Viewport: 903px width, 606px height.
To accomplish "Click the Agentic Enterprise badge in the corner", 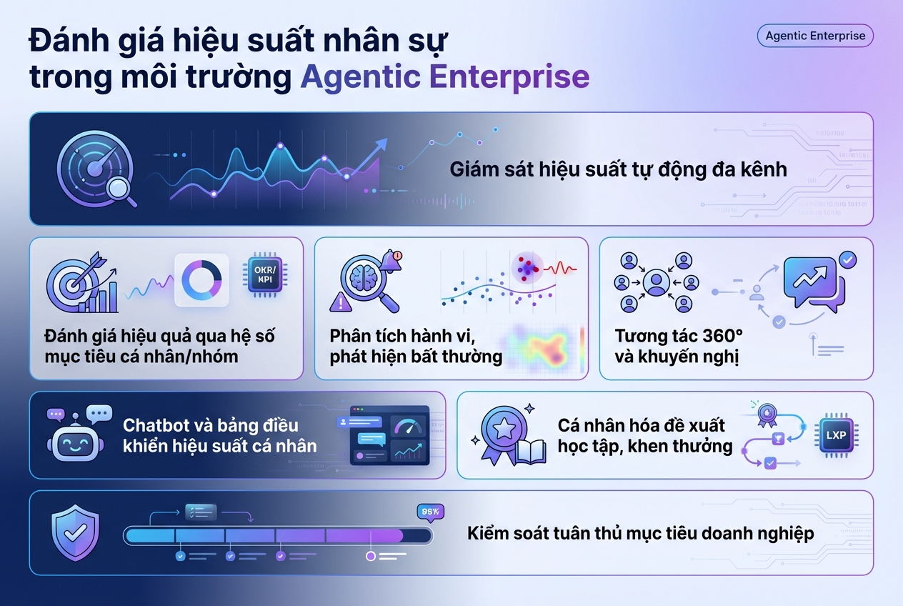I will coord(814,36).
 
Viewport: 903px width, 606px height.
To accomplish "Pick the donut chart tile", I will coord(201,280).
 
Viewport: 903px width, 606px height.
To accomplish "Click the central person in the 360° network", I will coord(656,282).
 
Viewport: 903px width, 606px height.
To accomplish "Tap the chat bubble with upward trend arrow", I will coord(811,279).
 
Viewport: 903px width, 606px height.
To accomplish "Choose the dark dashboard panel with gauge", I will coord(383,435).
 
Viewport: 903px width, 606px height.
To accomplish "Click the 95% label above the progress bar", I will coord(430,512).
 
